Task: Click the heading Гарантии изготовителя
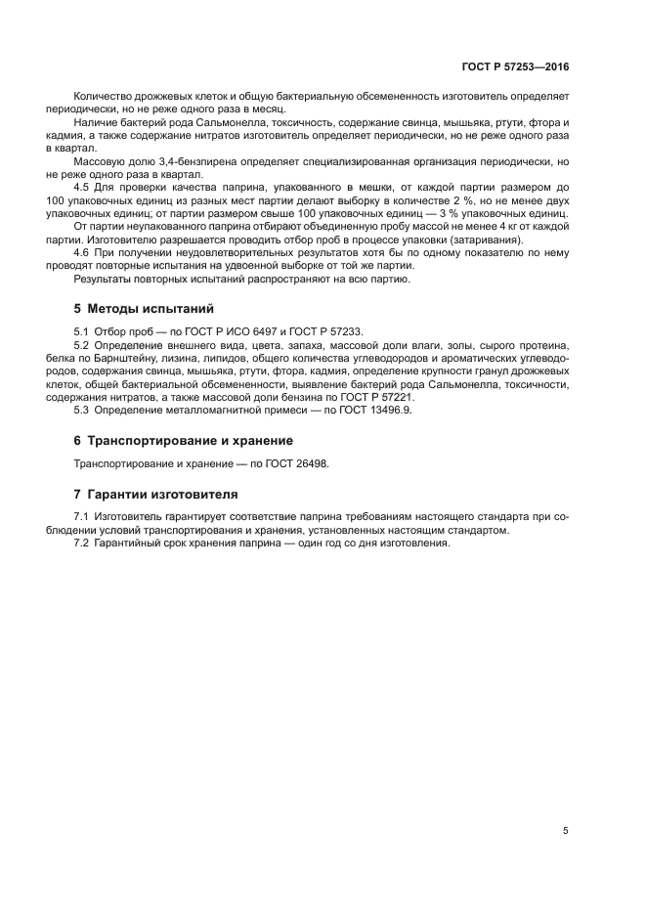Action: pos(161,494)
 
